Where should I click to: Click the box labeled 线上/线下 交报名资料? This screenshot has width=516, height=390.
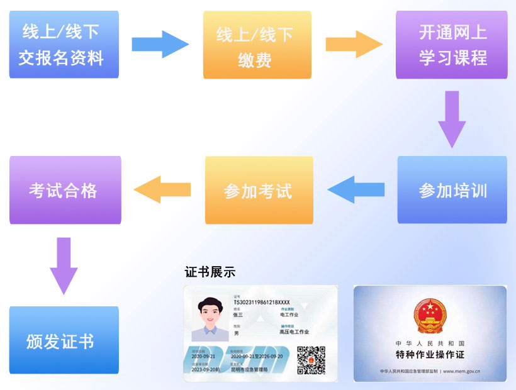(x=64, y=44)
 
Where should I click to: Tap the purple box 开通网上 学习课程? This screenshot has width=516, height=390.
(x=452, y=44)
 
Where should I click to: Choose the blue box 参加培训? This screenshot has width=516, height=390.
(x=452, y=190)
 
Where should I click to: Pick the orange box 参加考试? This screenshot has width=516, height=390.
(x=259, y=190)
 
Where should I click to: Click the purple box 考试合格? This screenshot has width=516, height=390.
(x=65, y=190)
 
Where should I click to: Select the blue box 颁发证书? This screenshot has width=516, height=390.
(x=64, y=340)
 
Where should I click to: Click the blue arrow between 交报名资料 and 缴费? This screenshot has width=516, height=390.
(x=160, y=44)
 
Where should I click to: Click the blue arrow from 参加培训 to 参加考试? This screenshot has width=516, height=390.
(x=356, y=189)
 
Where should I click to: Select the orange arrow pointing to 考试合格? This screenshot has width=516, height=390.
(x=162, y=189)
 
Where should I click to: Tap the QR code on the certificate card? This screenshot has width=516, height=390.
(x=311, y=360)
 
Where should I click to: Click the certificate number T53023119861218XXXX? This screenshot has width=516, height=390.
(x=262, y=302)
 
